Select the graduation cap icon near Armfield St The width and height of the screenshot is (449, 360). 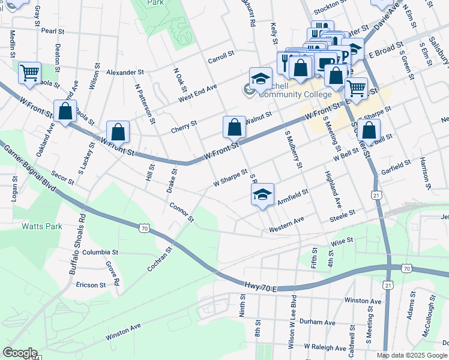262,195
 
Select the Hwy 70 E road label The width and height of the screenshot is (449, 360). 261,289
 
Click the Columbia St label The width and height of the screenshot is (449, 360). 103,252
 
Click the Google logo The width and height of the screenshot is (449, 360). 20,353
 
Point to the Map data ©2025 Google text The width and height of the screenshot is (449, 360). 411,355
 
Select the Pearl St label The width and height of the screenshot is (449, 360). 53,30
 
